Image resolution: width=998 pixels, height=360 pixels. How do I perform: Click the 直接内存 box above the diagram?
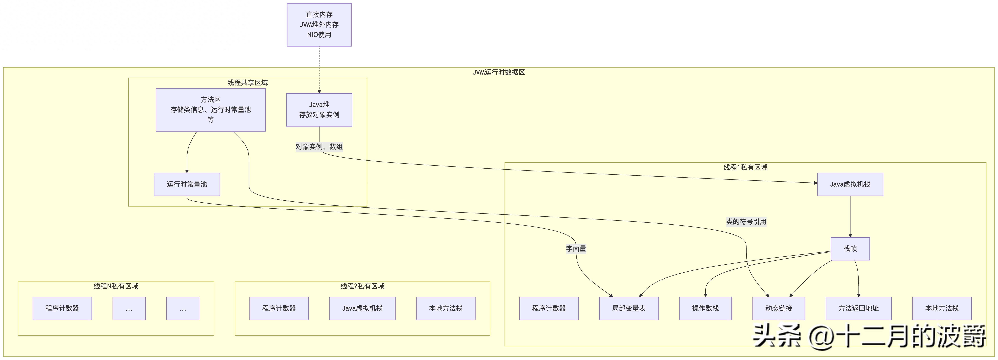319,25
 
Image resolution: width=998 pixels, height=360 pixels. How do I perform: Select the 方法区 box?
210,110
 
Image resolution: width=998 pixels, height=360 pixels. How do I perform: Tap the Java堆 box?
319,110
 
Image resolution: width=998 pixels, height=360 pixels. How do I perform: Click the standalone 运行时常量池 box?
187,184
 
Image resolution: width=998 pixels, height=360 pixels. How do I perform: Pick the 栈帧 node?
850,248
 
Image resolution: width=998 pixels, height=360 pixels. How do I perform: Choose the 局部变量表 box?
628,308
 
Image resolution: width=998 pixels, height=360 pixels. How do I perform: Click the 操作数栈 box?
705,308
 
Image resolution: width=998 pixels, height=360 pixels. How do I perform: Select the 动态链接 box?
778,308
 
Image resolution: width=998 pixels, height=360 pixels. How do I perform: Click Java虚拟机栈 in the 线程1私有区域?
850,184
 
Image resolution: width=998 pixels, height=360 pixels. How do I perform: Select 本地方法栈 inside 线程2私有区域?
446,308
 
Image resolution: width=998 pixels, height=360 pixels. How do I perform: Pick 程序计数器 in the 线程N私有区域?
62,308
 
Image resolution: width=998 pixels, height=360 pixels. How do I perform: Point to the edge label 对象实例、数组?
319,147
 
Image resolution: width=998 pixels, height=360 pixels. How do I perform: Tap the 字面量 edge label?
576,248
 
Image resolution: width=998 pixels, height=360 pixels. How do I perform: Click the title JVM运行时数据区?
499,72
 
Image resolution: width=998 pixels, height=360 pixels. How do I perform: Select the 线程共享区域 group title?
247,83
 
